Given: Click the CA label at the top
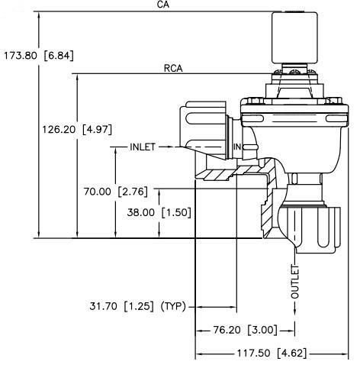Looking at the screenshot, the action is [x=163, y=5].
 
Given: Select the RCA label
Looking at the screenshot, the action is [x=173, y=69].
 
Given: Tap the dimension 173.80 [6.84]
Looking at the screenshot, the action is [x=39, y=56].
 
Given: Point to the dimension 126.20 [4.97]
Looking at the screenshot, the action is [x=77, y=130].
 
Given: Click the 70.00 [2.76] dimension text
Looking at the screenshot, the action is [x=116, y=192].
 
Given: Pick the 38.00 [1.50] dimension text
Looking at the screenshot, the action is [x=159, y=212].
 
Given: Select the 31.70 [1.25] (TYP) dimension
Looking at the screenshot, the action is [x=137, y=306].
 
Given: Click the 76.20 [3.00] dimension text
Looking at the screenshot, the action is [x=245, y=330].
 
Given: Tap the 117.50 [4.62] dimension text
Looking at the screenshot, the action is [x=272, y=353].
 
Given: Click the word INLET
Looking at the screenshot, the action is [x=143, y=147].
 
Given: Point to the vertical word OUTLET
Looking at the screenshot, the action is [x=295, y=282].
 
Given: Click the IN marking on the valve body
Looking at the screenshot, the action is [x=237, y=147].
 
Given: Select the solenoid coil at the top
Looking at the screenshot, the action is [x=294, y=37].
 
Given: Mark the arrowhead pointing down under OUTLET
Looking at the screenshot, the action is [x=295, y=312].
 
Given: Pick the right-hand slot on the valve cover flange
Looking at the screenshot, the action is [x=336, y=118].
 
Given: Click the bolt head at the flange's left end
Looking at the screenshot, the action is [x=256, y=101].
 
